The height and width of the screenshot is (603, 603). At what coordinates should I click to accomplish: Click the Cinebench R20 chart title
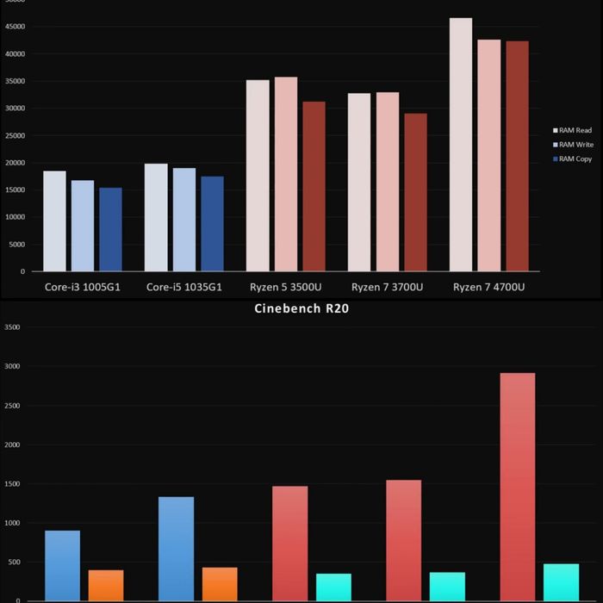pyautogui.click(x=301, y=308)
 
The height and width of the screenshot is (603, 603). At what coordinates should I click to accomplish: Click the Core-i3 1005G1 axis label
pyautogui.click(x=83, y=287)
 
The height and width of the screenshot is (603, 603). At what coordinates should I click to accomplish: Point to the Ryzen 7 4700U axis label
pyautogui.click(x=488, y=287)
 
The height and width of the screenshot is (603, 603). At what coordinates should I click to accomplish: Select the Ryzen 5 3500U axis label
pyautogui.click(x=285, y=287)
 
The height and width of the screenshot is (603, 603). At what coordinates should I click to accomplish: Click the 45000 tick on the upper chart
pyautogui.click(x=15, y=27)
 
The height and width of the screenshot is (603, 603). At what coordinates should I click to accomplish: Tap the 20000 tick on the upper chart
pyautogui.click(x=15, y=163)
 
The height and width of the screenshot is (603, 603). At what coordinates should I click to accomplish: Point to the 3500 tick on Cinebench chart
pyautogui.click(x=12, y=327)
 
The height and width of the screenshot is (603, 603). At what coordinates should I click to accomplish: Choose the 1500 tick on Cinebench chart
pyautogui.click(x=12, y=484)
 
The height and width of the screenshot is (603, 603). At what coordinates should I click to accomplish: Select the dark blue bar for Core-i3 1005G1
pyautogui.click(x=110, y=229)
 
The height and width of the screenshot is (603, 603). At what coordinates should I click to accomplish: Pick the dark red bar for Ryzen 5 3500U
pyautogui.click(x=314, y=186)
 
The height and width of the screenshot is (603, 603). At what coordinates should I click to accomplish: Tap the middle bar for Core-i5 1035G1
pyautogui.click(x=183, y=220)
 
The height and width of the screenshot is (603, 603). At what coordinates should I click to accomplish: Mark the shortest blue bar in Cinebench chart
pyautogui.click(x=62, y=565)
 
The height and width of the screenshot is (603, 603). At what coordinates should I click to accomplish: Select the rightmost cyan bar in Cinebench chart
pyautogui.click(x=561, y=582)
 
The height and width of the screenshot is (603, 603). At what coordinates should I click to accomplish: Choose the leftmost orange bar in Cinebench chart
pyautogui.click(x=106, y=585)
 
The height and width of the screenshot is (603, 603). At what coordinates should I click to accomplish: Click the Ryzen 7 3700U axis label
pyautogui.click(x=387, y=287)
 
